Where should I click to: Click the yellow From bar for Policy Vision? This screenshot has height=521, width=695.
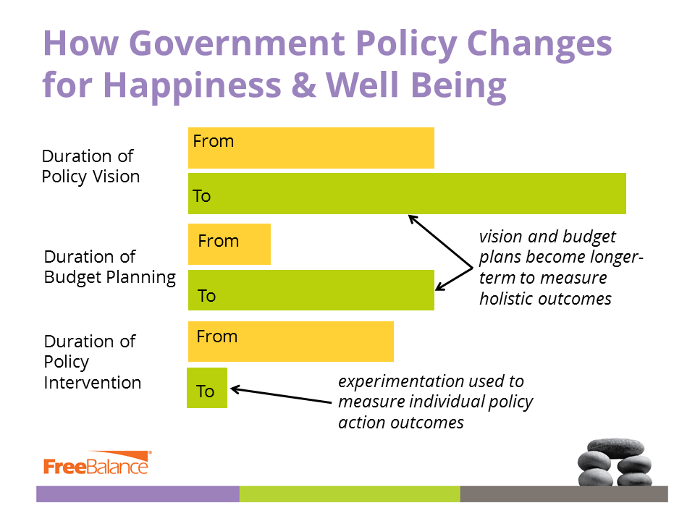pyautogui.click(x=311, y=148)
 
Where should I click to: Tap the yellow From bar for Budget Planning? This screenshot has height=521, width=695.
pyautogui.click(x=229, y=244)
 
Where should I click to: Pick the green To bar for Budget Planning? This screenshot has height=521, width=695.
pyautogui.click(x=311, y=290)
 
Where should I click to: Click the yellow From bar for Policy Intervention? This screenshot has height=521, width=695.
pyautogui.click(x=291, y=342)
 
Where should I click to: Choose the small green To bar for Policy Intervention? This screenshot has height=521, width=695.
pyautogui.click(x=207, y=388)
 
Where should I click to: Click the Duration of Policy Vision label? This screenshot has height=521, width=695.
pyautogui.click(x=90, y=166)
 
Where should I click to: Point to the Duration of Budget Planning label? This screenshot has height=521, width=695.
pyautogui.click(x=109, y=267)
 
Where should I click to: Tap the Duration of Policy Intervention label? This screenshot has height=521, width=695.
pyautogui.click(x=92, y=362)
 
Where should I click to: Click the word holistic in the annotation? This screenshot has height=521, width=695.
pyautogui.click(x=509, y=299)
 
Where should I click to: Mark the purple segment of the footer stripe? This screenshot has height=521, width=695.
pyautogui.click(x=138, y=494)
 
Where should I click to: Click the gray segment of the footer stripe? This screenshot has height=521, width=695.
pyautogui.click(x=563, y=494)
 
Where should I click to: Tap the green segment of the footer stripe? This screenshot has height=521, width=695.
pyautogui.click(x=350, y=494)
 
